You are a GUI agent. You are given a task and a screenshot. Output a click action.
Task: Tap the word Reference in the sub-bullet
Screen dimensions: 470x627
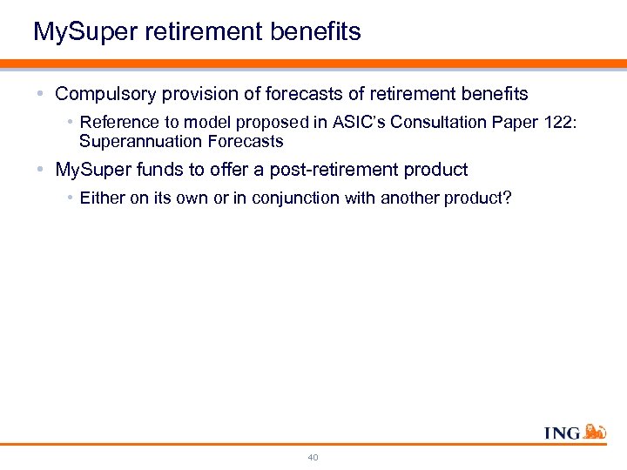click(x=114, y=123)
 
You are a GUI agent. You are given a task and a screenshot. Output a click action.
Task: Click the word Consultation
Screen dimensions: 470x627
click(x=432, y=123)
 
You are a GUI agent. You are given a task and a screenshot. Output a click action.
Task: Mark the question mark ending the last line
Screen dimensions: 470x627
click(x=508, y=198)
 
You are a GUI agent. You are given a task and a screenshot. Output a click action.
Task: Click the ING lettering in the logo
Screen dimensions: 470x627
click(x=563, y=433)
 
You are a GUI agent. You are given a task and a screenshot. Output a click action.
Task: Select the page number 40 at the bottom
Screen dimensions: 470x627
click(x=313, y=457)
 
